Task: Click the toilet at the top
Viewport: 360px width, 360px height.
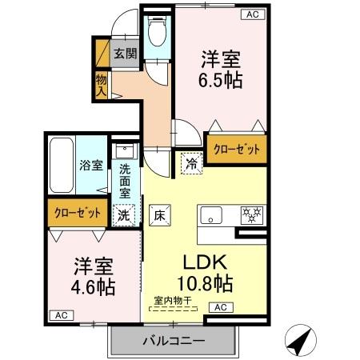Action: coord(156,34)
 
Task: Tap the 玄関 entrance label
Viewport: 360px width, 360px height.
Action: coord(124,54)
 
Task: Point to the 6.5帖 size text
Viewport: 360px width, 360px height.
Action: coord(222,80)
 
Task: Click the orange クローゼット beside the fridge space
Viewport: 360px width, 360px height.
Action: coord(236,149)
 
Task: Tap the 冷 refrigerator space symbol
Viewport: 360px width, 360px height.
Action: coord(192,160)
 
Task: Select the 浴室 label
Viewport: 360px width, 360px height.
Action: coord(91,166)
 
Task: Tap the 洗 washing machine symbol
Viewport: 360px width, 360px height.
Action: coord(124,214)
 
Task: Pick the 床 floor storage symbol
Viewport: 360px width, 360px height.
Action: coord(158,214)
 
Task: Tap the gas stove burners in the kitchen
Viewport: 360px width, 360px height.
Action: coord(253,214)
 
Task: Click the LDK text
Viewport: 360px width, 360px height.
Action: coord(207,262)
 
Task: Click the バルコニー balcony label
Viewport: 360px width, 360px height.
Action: coord(174,340)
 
